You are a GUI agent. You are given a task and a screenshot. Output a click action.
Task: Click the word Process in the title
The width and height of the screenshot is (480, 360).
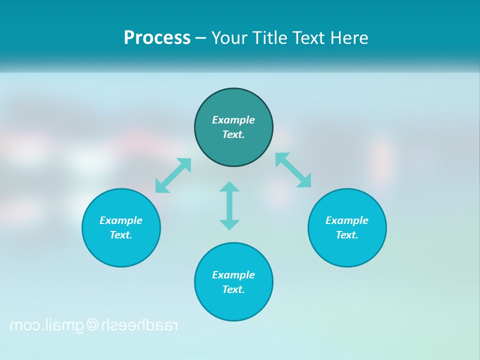coord(157,38)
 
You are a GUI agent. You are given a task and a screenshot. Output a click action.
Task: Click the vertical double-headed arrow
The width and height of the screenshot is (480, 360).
coord(229,205)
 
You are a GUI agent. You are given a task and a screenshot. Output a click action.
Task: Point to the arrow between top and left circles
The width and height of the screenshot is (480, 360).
coord(173,175)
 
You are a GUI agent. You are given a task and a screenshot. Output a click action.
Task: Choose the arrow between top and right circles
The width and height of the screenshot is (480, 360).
coord(293,170)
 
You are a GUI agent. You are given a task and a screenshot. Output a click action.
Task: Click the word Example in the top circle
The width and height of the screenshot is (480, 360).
coord(233,120)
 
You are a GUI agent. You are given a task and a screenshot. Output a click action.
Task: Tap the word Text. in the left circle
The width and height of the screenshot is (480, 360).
coord(121,235)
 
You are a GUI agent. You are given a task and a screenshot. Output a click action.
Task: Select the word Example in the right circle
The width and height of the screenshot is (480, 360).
coord(347,220)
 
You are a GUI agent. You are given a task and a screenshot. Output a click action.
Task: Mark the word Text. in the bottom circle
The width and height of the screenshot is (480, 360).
coord(233,289)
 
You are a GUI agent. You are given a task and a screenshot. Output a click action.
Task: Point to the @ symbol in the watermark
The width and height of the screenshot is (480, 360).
coord(92,325)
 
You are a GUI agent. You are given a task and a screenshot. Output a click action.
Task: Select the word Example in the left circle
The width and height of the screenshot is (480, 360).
coord(121,220)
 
